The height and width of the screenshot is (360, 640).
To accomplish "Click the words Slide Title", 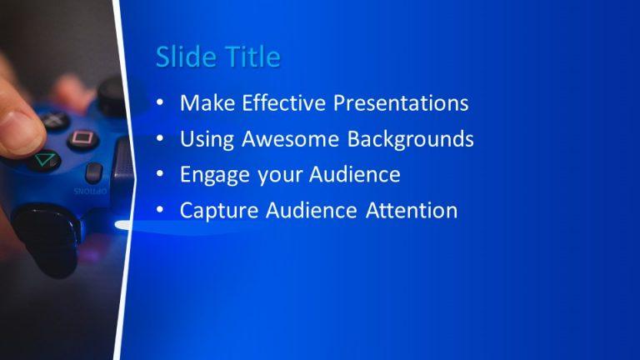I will pos(217,57).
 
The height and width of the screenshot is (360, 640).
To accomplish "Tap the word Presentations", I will pos(401,103).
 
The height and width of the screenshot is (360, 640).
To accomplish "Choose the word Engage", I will pos(209,175).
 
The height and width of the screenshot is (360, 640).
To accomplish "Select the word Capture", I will pos(217,211).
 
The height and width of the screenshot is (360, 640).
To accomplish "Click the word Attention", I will pos(412,211).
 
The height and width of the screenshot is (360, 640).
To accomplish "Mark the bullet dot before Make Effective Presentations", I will pos(160,104).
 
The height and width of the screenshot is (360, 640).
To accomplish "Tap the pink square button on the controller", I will pos(82,138).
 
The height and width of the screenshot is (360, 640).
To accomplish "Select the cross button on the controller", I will pos(54,121).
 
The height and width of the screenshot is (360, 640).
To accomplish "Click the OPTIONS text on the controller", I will pos(91,191).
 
